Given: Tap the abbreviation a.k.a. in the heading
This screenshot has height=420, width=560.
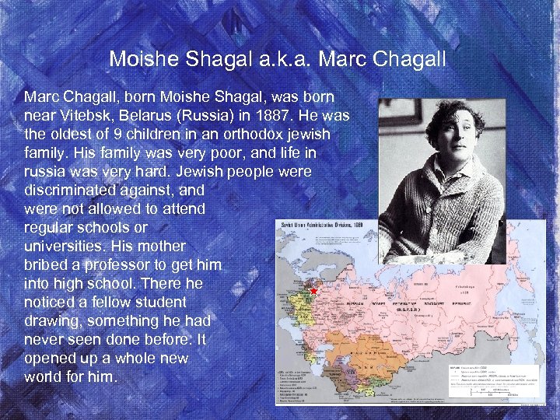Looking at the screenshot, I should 278,59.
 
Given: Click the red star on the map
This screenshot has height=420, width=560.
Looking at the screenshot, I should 313,291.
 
